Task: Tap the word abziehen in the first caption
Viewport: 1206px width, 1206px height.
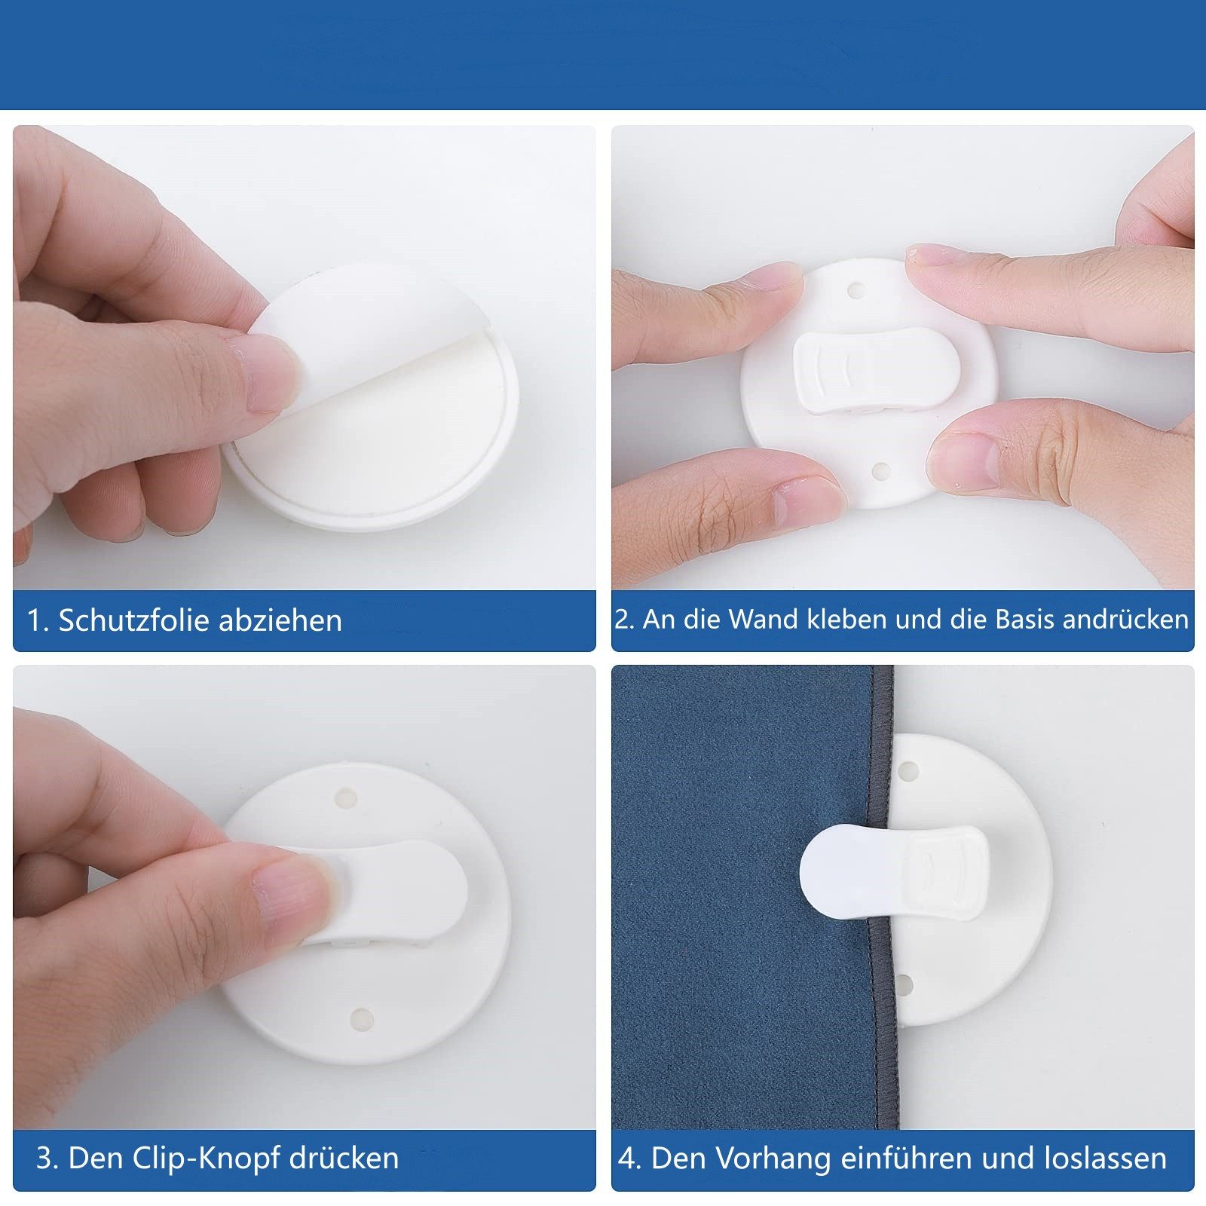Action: [280, 620]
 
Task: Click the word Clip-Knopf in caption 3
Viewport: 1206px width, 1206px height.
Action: [207, 1158]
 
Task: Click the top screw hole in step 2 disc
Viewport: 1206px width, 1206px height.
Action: [855, 289]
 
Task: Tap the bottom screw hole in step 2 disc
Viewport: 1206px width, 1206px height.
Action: [880, 471]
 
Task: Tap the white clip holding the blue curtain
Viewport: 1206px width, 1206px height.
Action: [894, 872]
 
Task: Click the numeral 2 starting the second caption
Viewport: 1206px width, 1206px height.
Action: [622, 620]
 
